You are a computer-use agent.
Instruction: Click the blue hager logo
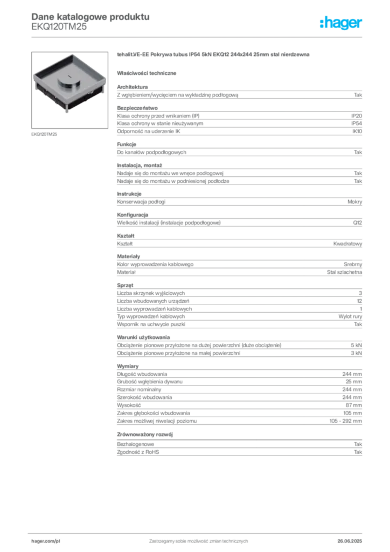point(342,24)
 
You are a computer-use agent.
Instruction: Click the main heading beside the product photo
point(213,56)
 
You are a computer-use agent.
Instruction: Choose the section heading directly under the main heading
point(148,72)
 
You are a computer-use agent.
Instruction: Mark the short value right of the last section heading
point(359,442)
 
